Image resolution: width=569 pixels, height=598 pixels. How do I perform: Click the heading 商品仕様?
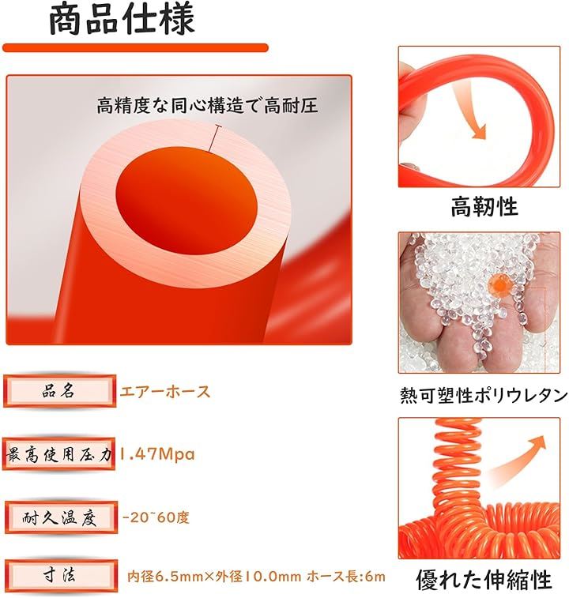(122, 18)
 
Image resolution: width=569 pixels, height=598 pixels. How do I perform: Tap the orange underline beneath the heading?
(135, 48)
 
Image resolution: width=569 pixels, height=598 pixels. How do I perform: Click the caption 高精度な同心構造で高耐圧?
(207, 105)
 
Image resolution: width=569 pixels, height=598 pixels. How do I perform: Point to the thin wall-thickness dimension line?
(213, 138)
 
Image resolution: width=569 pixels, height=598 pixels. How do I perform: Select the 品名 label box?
(59, 391)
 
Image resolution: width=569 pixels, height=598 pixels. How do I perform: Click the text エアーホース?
(165, 392)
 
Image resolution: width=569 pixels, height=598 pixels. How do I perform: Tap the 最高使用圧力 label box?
(58, 454)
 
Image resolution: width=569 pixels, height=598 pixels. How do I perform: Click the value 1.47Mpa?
(156, 454)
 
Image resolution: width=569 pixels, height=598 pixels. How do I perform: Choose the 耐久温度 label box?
(61, 517)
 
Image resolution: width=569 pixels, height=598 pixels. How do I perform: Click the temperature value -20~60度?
(156, 517)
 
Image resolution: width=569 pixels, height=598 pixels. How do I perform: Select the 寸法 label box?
(61, 576)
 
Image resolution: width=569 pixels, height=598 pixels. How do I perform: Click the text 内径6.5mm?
(165, 576)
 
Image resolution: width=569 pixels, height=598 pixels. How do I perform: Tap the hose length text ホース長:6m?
(346, 576)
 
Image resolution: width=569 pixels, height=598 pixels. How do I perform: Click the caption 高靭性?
(484, 206)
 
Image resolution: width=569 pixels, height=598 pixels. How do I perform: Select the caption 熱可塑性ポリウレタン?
(484, 395)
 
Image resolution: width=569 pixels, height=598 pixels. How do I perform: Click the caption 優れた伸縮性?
(484, 579)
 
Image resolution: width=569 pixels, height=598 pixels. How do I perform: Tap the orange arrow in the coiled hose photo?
(520, 457)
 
